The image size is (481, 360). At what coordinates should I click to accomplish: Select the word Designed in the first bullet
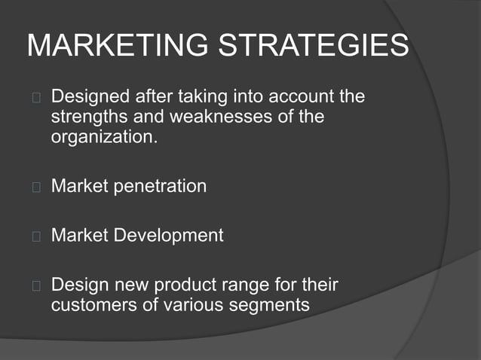pyautogui.click(x=89, y=97)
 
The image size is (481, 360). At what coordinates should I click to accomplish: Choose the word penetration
pyautogui.click(x=160, y=186)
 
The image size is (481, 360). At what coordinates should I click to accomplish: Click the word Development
pyautogui.click(x=169, y=235)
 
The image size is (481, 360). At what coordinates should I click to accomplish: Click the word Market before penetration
pyautogui.click(x=79, y=186)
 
